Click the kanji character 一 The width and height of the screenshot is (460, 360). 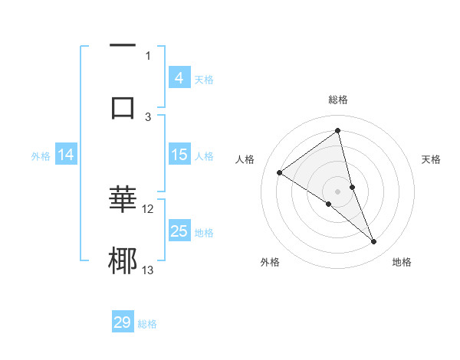point(123,47)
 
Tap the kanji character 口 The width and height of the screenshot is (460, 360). point(123,107)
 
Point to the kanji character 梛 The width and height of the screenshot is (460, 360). point(123,260)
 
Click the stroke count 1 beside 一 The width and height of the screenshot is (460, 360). point(148,55)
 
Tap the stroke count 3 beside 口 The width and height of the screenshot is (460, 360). point(148,116)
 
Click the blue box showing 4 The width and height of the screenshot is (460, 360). point(179,78)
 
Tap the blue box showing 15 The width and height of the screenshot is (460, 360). point(179,155)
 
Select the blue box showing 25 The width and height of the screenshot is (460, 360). point(179,231)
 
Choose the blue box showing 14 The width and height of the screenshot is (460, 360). point(66,155)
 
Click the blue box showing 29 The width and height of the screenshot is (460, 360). point(123,322)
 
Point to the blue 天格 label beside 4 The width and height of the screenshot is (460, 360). point(204,79)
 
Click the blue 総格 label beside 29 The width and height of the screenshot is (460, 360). point(147,324)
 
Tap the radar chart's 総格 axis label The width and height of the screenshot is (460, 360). point(337,100)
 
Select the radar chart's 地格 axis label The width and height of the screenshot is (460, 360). point(402,263)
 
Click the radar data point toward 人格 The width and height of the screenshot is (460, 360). point(280,172)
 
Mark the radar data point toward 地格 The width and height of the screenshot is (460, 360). point(374,242)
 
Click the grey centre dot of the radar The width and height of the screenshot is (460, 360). point(337,191)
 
